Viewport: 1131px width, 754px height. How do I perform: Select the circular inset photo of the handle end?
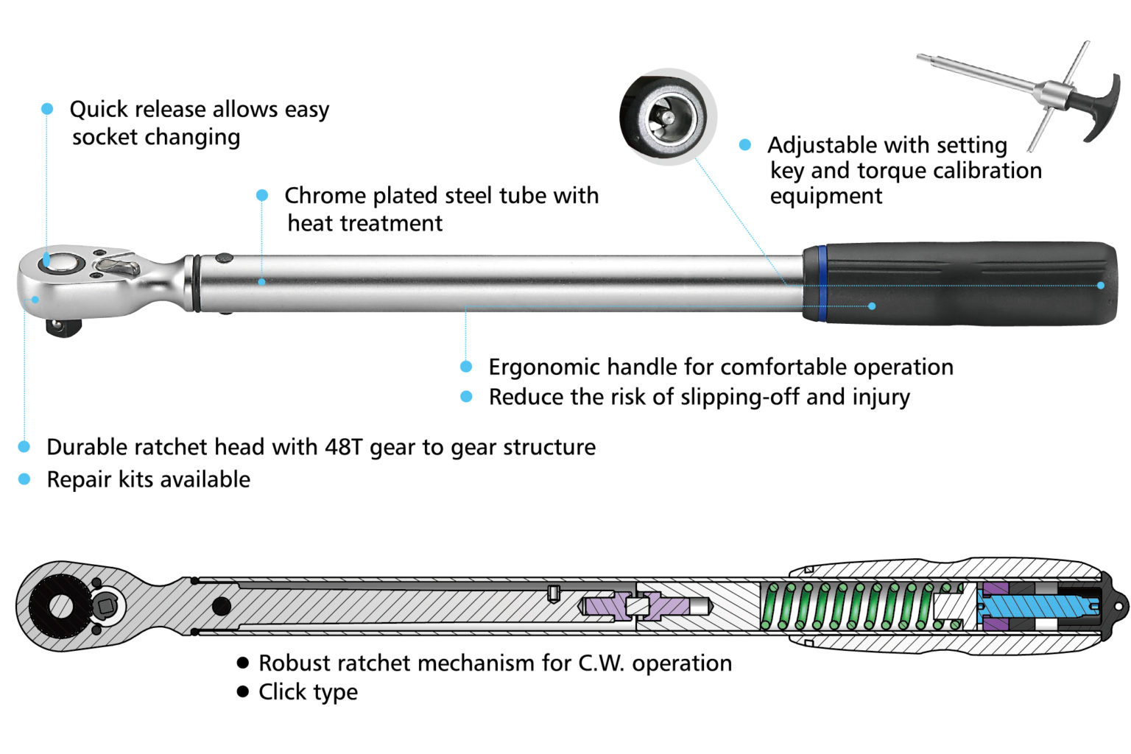tap(669, 117)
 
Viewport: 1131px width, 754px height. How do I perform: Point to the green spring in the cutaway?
tap(854, 606)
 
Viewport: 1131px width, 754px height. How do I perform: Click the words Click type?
tap(308, 692)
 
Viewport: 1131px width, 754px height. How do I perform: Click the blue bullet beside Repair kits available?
tap(24, 479)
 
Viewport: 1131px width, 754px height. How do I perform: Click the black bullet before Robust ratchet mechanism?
tap(243, 663)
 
